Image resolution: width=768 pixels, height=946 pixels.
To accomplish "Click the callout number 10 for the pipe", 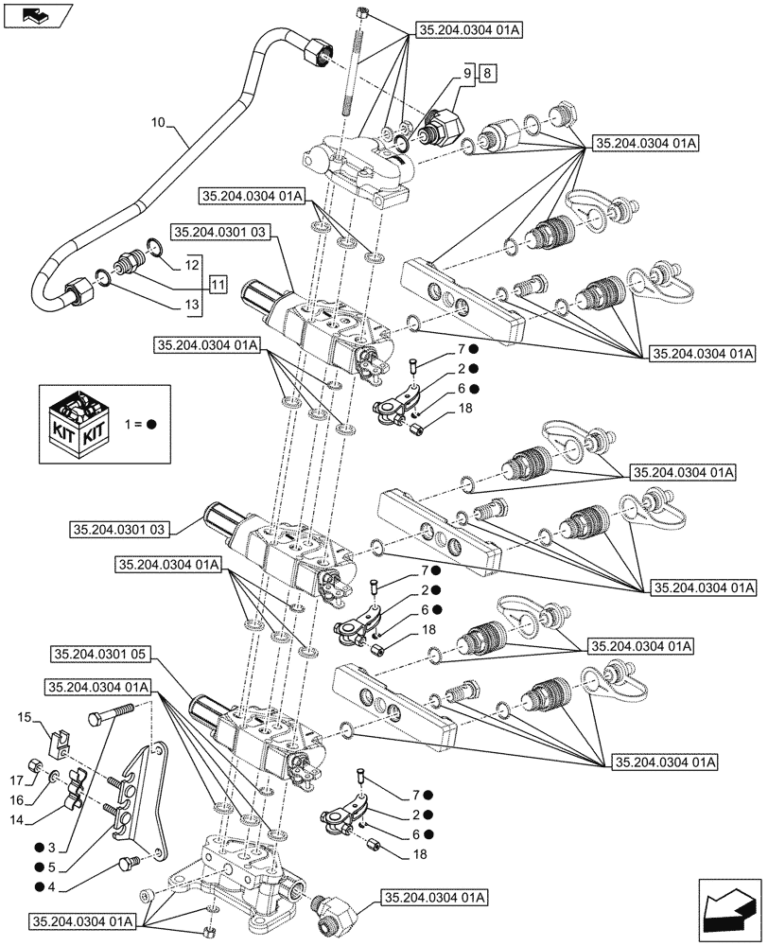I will tap(158, 123).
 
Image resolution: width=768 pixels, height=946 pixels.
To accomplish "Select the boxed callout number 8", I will tap(486, 73).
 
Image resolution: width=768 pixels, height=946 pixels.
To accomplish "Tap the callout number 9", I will tap(467, 73).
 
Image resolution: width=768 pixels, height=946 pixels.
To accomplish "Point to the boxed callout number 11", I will tap(218, 284).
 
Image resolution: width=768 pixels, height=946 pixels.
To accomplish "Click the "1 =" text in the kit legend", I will tap(132, 424).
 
